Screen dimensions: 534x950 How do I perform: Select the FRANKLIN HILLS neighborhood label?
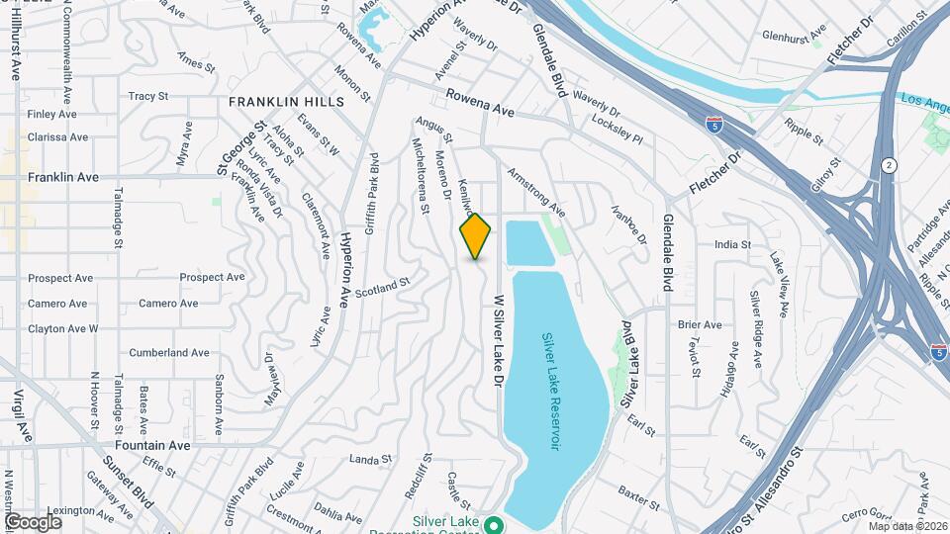[286, 102]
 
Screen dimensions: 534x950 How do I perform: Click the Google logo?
[33, 521]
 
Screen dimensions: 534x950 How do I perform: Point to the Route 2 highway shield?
[890, 165]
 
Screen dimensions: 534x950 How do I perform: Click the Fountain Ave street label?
[151, 446]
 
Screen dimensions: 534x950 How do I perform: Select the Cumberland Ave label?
[169, 352]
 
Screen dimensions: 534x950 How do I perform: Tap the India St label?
[732, 244]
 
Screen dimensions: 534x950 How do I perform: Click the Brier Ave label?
[700, 324]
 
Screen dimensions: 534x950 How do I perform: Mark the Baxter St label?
[638, 490]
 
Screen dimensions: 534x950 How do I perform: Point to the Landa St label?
[372, 459]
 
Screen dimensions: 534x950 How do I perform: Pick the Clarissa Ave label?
[57, 137]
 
